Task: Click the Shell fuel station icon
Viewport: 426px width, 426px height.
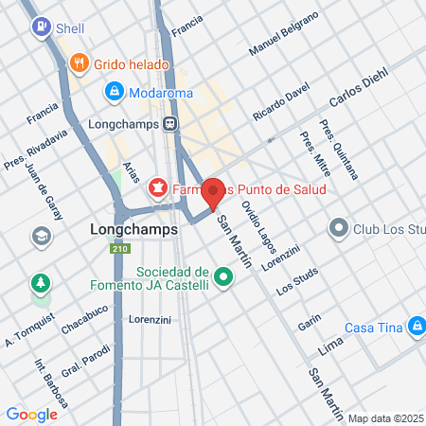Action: (x=41, y=28)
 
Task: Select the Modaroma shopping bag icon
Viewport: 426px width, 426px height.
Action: (x=114, y=92)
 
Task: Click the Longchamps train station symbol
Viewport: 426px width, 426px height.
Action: (x=169, y=123)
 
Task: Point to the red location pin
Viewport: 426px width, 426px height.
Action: (x=214, y=192)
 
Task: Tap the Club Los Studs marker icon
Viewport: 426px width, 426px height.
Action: (x=339, y=227)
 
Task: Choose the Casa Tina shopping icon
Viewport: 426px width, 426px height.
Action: (x=415, y=328)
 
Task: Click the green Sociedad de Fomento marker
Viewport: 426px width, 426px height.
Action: (x=223, y=277)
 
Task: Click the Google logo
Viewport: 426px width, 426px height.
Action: (x=31, y=414)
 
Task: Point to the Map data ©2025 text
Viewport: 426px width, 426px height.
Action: (x=385, y=418)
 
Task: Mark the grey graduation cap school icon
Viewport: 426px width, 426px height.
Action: (x=42, y=236)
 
